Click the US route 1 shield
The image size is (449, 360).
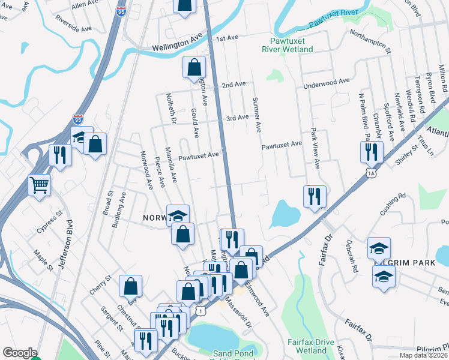(200, 309)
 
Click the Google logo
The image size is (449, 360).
(19, 353)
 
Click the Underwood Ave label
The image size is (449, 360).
(327, 82)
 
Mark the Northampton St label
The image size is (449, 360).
(370, 40)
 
